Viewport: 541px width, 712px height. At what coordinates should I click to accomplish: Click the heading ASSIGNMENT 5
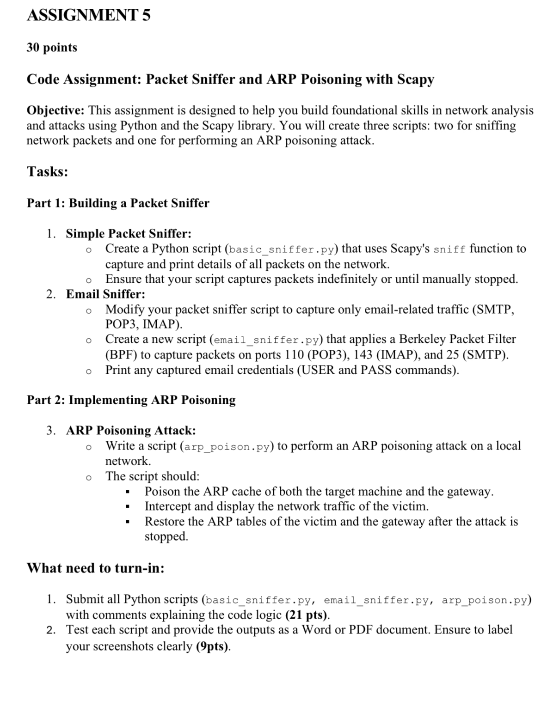88,15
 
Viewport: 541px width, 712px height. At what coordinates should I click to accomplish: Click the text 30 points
52,48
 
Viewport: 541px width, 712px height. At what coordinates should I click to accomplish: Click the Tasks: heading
47,172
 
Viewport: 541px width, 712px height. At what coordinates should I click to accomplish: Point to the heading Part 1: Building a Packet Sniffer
118,203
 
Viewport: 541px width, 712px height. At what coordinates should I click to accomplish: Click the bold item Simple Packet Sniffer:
129,233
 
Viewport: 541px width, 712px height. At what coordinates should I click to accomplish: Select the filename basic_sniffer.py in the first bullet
281,250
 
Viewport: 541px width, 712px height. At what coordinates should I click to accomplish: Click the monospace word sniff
449,250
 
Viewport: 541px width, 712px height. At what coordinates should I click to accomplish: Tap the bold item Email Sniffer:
105,294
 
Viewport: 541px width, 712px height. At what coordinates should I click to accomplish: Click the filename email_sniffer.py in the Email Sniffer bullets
267,340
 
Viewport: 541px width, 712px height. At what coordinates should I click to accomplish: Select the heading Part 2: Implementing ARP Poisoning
131,400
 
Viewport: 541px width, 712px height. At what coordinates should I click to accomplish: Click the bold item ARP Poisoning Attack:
131,431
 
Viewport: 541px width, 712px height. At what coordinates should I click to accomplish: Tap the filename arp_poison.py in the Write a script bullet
227,447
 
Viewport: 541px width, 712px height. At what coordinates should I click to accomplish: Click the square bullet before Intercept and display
127,507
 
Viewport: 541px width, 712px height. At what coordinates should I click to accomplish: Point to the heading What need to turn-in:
96,568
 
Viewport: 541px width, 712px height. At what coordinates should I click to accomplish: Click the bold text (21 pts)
307,615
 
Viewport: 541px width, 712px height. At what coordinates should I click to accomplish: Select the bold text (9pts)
213,646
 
